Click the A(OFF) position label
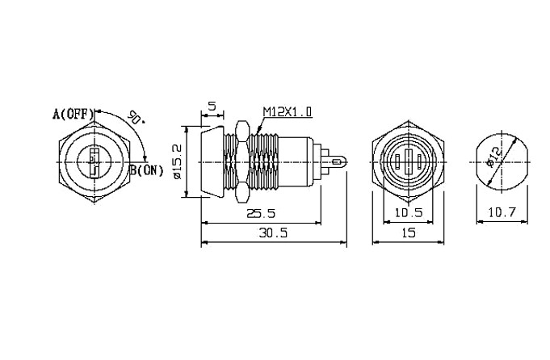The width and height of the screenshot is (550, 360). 73,114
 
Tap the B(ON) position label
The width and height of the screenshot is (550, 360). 147,170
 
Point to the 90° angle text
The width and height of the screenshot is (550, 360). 136,117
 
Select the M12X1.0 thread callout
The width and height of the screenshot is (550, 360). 288,112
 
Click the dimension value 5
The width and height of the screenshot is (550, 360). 212,106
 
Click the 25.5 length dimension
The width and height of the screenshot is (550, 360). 261,213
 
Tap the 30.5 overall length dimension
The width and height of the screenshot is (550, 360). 273,232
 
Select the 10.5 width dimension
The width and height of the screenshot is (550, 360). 409,212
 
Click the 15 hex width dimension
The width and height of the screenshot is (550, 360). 409,232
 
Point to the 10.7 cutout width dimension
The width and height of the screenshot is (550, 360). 502,212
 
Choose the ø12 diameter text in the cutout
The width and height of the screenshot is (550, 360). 495,157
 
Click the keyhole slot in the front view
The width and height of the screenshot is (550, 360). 94,162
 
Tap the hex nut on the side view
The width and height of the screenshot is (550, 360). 241,162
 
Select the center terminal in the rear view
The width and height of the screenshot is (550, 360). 408,162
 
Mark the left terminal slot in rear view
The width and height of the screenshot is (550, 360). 397,162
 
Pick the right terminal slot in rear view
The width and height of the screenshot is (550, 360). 419,162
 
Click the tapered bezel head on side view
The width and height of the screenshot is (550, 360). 212,162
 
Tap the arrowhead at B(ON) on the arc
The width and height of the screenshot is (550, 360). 146,160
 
